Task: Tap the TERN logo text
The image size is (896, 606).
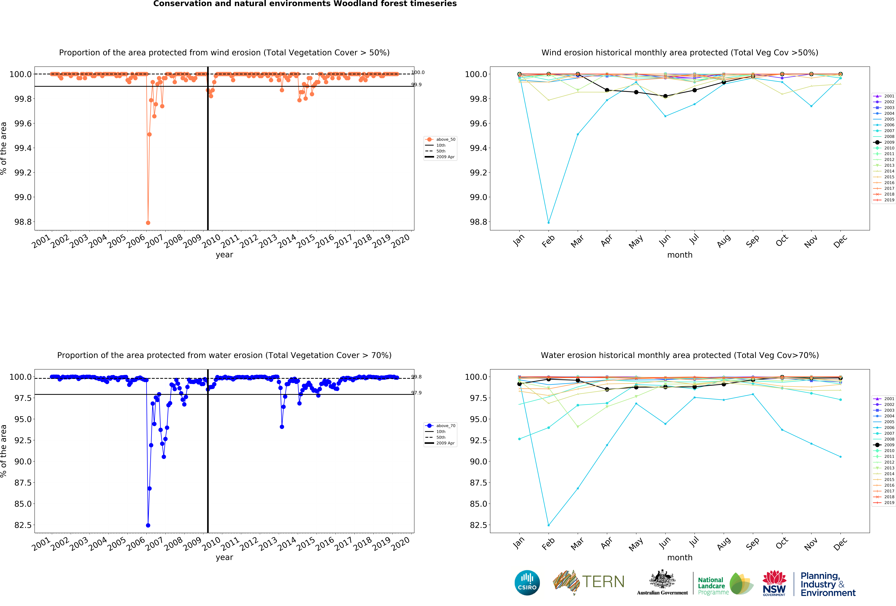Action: [603, 582]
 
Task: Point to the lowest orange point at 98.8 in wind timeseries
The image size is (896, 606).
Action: [148, 223]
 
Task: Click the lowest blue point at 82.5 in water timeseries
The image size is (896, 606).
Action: [148, 525]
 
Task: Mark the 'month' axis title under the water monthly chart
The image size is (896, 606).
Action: [680, 557]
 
